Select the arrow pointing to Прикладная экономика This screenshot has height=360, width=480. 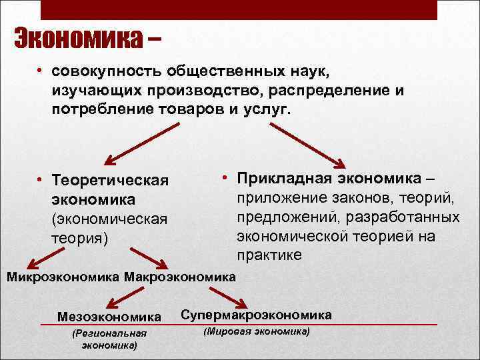(x=311, y=143)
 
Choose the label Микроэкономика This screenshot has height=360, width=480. (x=63, y=276)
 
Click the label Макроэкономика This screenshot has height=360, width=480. (x=180, y=276)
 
